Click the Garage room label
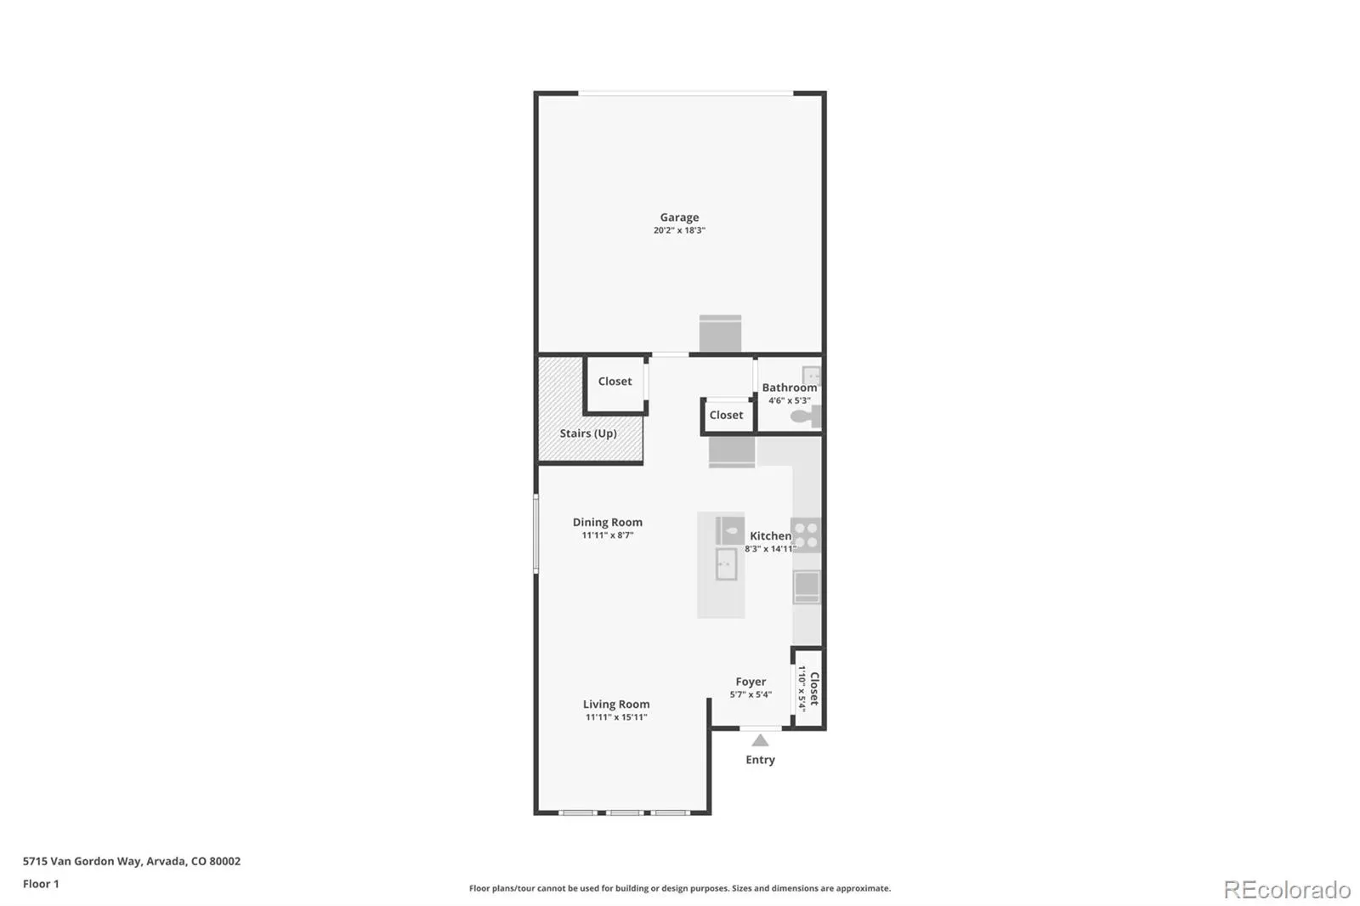pyautogui.click(x=679, y=217)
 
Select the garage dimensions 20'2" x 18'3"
pyautogui.click(x=679, y=230)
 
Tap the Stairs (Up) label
pyautogui.click(x=587, y=433)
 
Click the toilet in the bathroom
pyautogui.click(x=805, y=416)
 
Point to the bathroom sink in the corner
pyautogui.click(x=811, y=375)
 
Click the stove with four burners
pyautogui.click(x=806, y=535)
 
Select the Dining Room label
pyautogui.click(x=607, y=522)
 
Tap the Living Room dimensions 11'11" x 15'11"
pyautogui.click(x=616, y=717)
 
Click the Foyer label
pyautogui.click(x=751, y=682)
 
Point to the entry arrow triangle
pyautogui.click(x=760, y=740)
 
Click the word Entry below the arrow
pyautogui.click(x=760, y=760)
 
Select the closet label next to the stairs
pyautogui.click(x=615, y=381)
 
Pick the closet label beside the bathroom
pyautogui.click(x=726, y=415)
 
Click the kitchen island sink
pyautogui.click(x=726, y=564)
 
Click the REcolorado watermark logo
pyautogui.click(x=1287, y=890)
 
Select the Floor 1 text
pyautogui.click(x=41, y=884)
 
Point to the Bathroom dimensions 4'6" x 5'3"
pyautogui.click(x=790, y=400)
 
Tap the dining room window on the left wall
pyautogui.click(x=535, y=533)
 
